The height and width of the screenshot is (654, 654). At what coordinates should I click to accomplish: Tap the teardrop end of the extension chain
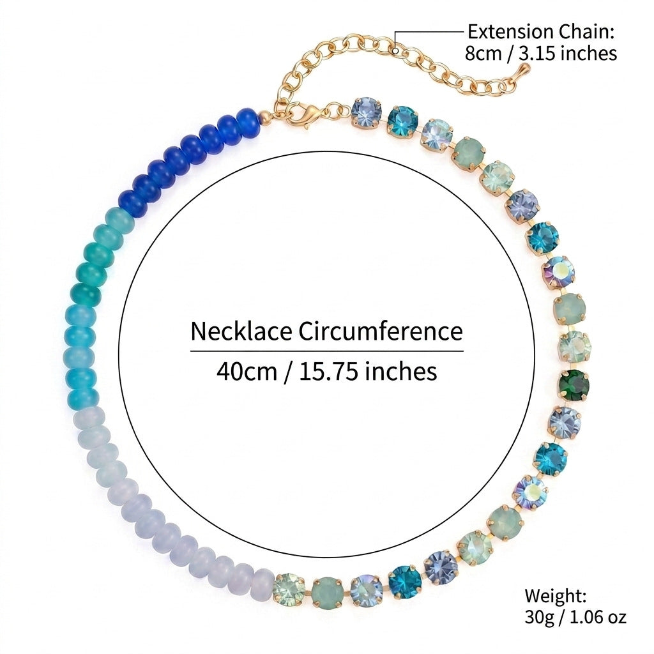(524, 70)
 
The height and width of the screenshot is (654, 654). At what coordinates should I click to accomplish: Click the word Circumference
(380, 331)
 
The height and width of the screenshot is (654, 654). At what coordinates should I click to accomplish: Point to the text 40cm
(247, 371)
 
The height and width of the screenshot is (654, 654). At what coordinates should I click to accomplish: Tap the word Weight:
(556, 596)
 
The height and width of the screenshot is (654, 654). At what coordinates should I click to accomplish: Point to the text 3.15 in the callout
(535, 54)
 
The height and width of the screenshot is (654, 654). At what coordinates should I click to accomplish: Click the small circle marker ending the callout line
(395, 51)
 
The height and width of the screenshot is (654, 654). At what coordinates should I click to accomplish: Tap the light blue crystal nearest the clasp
(366, 112)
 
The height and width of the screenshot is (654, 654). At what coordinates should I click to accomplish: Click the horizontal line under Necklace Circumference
(327, 351)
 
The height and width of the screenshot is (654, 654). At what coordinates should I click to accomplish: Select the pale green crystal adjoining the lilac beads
(289, 588)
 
